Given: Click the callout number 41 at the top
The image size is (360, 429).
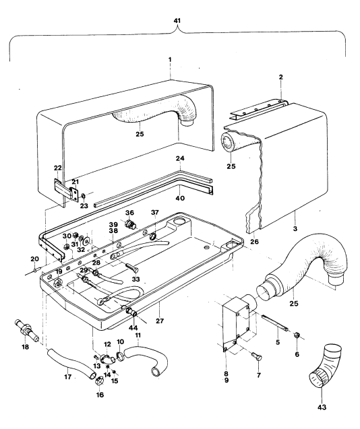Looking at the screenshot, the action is coord(177,20).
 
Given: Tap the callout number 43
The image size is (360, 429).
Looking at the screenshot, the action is coord(322,407).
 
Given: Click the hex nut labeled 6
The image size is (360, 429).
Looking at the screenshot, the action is coord(296,335).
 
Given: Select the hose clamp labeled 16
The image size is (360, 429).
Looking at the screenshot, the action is coord(100,381).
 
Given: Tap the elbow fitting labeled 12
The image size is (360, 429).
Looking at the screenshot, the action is coord(107,359).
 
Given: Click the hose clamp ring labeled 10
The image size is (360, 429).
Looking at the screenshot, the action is coord(120,356).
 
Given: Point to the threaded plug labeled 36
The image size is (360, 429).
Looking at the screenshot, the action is coord(130,224).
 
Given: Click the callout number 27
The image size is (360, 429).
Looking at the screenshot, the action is coord(160,321).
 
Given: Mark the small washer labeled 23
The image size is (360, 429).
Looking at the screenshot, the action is coord(83,196).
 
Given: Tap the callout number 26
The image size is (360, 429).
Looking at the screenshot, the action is coord(253,242).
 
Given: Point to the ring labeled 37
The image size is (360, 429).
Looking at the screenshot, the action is coord(154,236).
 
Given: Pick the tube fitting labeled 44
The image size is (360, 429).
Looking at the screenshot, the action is coord(131,312).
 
